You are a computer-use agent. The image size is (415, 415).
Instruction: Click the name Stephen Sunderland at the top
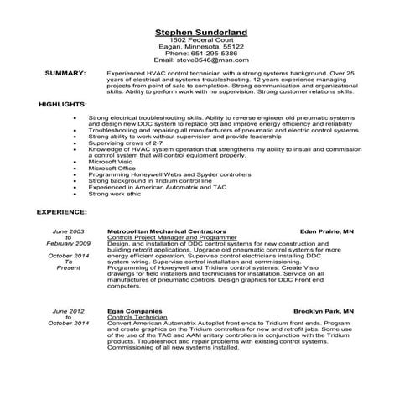coord(206,31)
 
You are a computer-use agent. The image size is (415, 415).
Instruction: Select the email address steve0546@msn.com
coord(206,60)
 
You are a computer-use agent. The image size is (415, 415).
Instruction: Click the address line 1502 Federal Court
coord(206,39)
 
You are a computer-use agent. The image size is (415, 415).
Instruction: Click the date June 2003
coord(69,230)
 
